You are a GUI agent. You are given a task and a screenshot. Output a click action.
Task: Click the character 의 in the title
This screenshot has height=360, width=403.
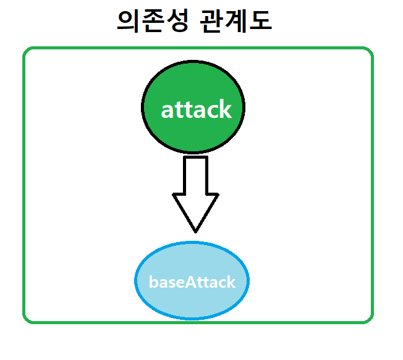(x=129, y=22)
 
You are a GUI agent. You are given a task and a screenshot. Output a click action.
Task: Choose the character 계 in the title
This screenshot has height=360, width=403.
(x=237, y=22)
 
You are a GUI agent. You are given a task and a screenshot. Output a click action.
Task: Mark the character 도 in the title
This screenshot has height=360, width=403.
(x=261, y=22)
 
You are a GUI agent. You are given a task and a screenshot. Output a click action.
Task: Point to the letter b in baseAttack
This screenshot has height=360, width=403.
(x=153, y=282)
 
